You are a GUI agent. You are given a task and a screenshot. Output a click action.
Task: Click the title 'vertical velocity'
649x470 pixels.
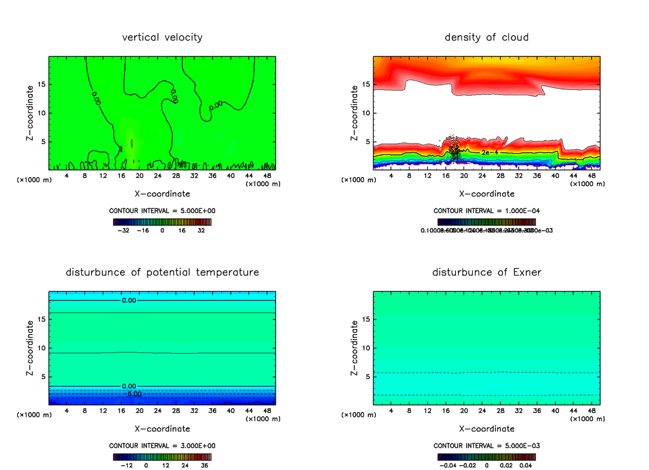click(x=162, y=37)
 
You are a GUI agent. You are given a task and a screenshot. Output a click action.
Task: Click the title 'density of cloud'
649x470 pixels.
click(x=487, y=37)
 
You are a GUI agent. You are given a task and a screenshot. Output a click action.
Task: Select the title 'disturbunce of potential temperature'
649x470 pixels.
click(x=162, y=272)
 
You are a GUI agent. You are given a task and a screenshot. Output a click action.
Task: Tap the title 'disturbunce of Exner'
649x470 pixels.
click(x=487, y=272)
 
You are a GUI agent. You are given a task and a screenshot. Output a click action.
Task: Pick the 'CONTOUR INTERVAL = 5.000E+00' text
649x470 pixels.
click(x=162, y=211)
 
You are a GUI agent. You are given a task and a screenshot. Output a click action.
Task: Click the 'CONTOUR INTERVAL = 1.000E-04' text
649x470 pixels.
click(x=487, y=211)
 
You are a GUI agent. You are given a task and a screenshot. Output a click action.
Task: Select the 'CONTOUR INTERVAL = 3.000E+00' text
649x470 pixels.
click(x=162, y=446)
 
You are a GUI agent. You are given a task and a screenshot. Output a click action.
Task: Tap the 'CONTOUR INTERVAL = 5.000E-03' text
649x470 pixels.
click(x=487, y=446)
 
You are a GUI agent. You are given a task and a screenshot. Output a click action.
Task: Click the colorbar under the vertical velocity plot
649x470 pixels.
click(x=162, y=222)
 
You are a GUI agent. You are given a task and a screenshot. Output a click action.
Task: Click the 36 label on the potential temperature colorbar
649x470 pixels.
click(x=204, y=465)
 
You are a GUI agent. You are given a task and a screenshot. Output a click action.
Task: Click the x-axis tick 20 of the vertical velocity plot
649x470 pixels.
click(x=139, y=175)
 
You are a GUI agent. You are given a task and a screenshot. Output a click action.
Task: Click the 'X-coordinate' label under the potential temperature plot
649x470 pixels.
click(x=162, y=428)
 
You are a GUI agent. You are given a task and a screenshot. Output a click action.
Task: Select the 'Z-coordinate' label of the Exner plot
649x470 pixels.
click(x=355, y=348)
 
